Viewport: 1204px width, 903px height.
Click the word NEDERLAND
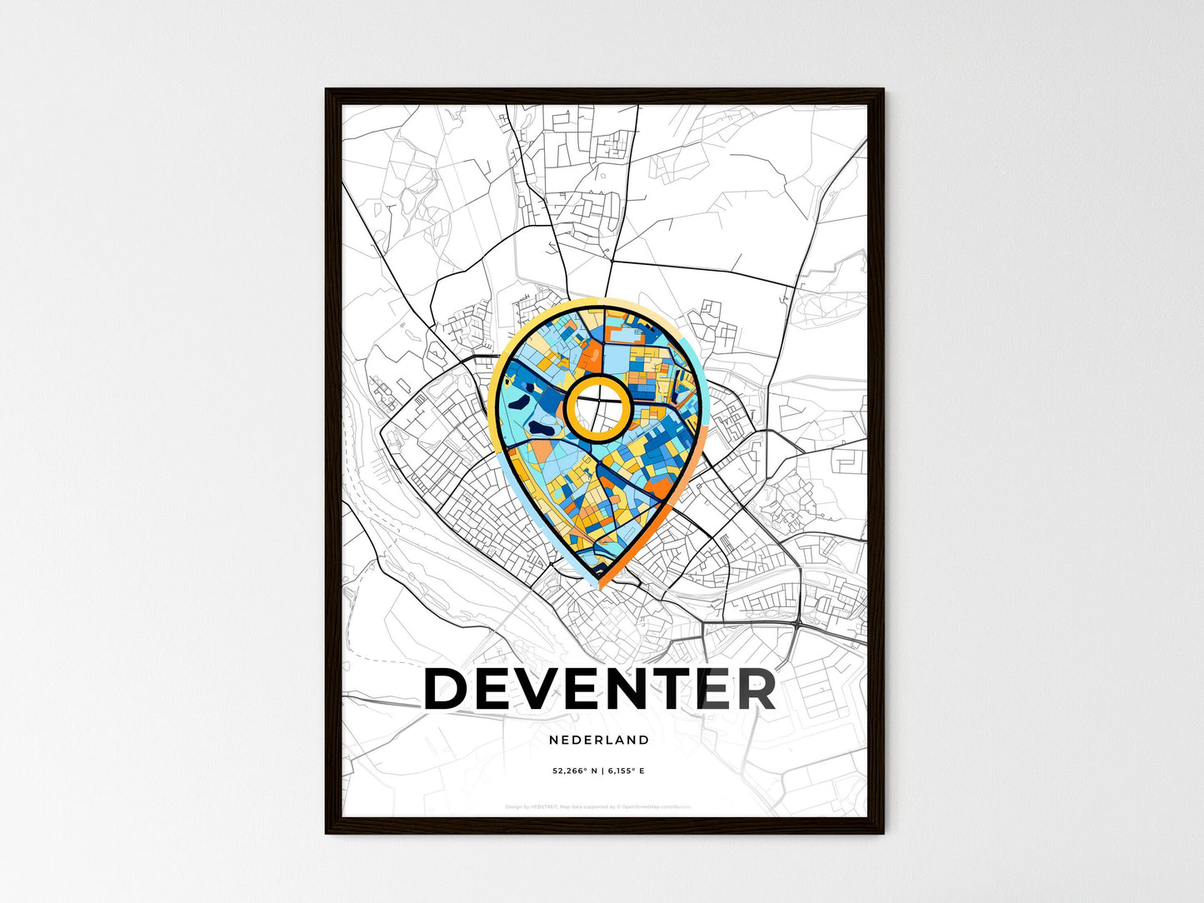point(599,740)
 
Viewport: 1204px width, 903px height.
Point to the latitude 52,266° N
point(574,771)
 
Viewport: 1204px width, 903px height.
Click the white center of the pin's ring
point(597,407)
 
